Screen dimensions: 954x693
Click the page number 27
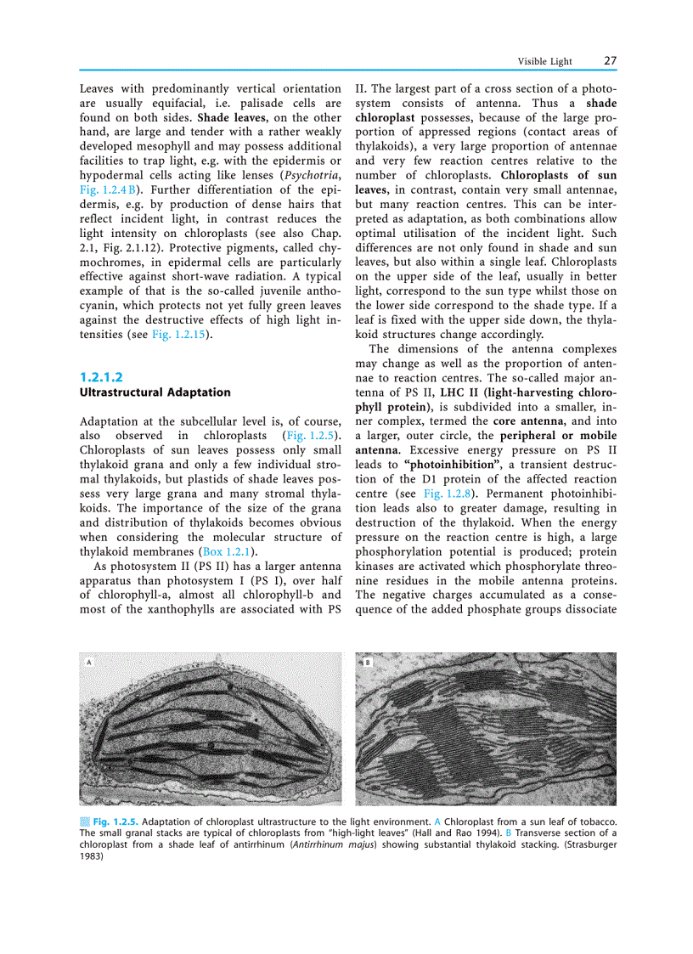pos(610,61)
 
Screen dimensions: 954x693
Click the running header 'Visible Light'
pos(545,62)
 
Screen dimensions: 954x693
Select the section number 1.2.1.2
pos(102,376)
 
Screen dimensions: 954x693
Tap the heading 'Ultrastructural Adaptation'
pos(155,392)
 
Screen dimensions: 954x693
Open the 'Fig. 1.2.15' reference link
pos(180,335)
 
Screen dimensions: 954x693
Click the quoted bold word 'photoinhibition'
pos(452,464)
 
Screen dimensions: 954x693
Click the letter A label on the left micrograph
pos(87,662)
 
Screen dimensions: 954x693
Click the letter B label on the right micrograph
pos(367,662)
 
